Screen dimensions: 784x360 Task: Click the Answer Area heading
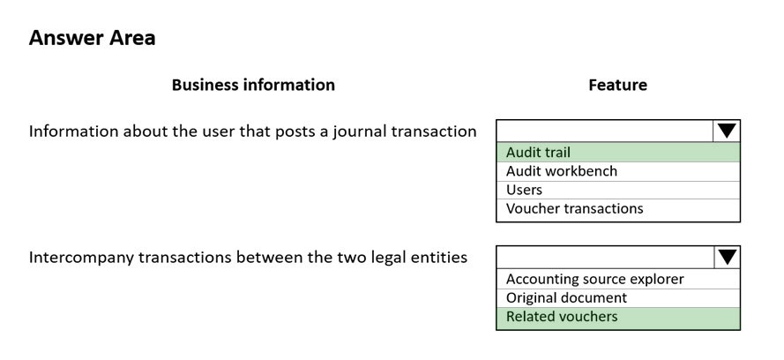pyautogui.click(x=92, y=38)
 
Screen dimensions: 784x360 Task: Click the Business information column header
pyautogui.click(x=253, y=85)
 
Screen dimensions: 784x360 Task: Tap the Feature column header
pyautogui.click(x=617, y=85)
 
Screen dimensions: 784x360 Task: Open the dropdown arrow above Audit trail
pyautogui.click(x=727, y=131)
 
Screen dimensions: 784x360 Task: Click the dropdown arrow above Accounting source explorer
pyautogui.click(x=727, y=258)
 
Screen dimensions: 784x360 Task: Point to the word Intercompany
pyautogui.click(x=81, y=258)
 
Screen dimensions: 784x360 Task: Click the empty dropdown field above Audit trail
pyautogui.click(x=605, y=131)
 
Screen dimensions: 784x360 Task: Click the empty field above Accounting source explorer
pyautogui.click(x=605, y=258)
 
